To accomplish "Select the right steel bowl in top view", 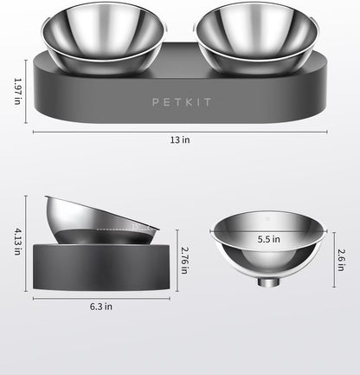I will [x=241, y=39].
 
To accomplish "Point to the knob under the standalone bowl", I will [x=269, y=284].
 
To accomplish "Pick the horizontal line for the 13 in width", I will [x=180, y=133].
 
